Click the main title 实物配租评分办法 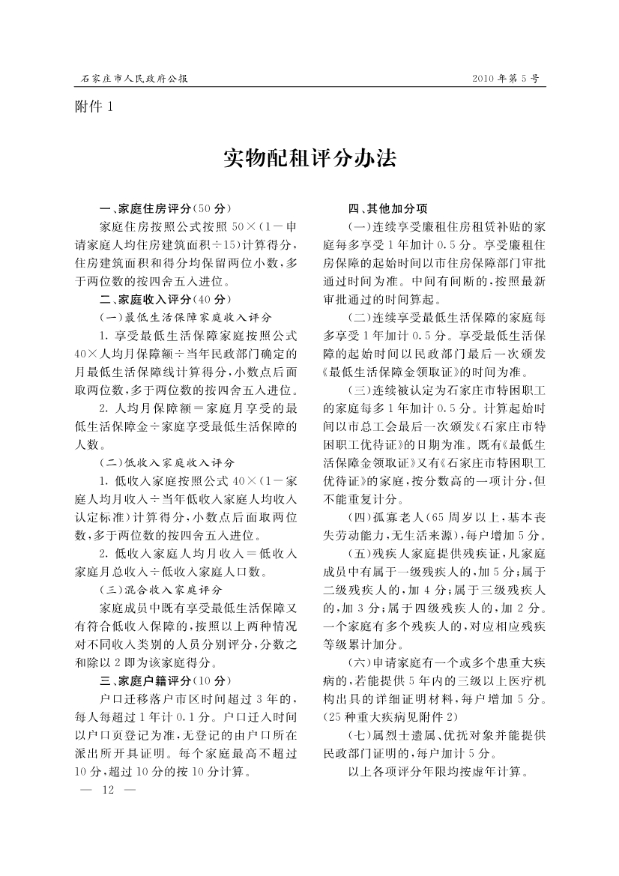pos(309,159)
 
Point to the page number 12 pos(106,791)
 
